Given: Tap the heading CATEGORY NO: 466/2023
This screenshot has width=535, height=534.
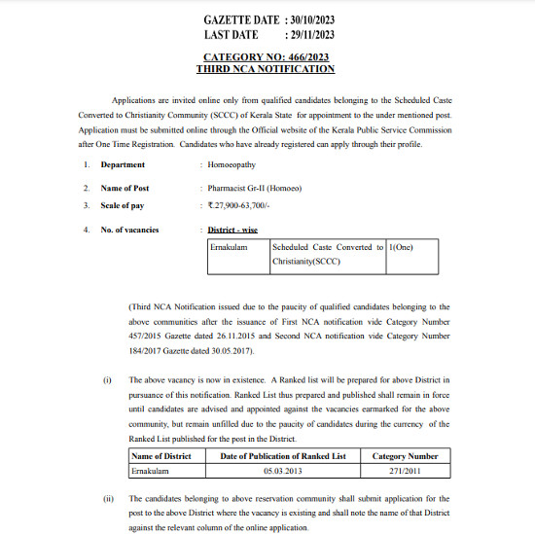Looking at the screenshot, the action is click(266, 57).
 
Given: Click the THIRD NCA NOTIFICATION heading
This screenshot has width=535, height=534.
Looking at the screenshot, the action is click(266, 69).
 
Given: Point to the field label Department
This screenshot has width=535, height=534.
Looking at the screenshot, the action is click(124, 164).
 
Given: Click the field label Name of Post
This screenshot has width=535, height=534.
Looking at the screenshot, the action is click(125, 188).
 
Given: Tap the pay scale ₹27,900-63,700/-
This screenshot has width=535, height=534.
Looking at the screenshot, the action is click(242, 205).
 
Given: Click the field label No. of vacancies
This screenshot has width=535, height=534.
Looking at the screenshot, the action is click(130, 230).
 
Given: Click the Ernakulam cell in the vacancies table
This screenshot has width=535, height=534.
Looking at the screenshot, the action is click(229, 247).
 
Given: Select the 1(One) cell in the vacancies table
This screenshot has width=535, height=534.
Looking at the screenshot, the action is click(402, 247).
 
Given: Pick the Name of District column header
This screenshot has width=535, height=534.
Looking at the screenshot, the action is click(160, 455).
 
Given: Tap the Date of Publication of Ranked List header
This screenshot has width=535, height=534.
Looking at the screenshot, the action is click(282, 455).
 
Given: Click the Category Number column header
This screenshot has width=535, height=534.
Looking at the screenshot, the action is click(406, 455).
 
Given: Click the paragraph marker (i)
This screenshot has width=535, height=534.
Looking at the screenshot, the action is click(108, 380).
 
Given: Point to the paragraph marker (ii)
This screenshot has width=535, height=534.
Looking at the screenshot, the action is click(108, 497).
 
